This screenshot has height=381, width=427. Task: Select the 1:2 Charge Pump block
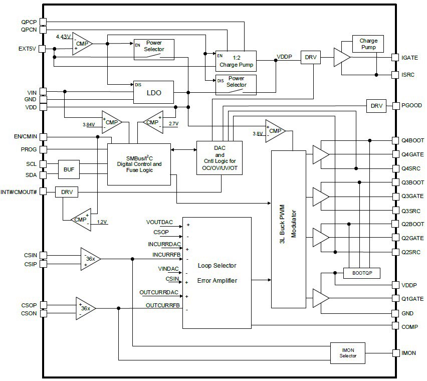coord(236,61)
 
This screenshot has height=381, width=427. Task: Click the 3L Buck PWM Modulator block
coord(289,229)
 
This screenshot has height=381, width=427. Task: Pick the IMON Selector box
coord(348,352)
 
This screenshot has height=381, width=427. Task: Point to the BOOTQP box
coord(362,273)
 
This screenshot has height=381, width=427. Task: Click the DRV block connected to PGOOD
coord(376,106)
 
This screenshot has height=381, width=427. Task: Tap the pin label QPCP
coord(29,22)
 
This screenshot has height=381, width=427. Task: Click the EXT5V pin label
coord(28,49)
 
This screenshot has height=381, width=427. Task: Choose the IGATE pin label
coord(410,58)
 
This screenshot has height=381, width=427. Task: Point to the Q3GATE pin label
coord(412,196)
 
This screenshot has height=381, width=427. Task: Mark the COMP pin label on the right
coord(410,326)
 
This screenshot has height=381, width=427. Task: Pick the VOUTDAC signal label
coord(160,222)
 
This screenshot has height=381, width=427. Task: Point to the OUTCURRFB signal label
coord(162,305)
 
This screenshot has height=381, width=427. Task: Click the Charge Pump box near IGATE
coord(368,44)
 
